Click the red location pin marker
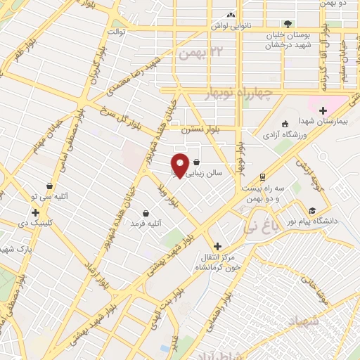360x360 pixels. (x=180, y=164)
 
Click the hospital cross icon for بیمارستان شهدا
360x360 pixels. (x=323, y=110)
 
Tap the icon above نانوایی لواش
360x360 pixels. (x=230, y=15)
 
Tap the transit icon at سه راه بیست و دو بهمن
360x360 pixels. (x=262, y=176)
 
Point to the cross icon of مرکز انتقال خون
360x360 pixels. (x=217, y=246)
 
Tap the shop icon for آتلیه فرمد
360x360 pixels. (x=146, y=213)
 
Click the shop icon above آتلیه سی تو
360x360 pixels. (x=49, y=186)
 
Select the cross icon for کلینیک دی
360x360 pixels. (x=34, y=212)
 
